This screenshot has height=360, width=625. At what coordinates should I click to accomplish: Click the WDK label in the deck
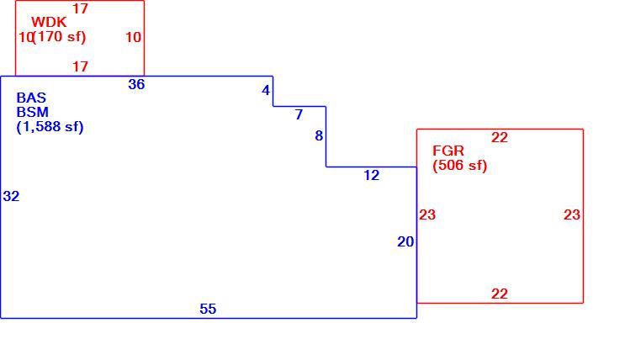click(49, 22)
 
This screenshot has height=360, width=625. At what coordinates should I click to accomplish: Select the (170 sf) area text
click(60, 37)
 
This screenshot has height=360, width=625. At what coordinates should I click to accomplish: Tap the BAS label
click(31, 98)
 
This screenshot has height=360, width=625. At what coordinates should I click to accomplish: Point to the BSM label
click(32, 112)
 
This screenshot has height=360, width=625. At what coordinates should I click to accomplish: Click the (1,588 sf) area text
click(50, 127)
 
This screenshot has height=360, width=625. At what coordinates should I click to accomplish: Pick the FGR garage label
click(448, 151)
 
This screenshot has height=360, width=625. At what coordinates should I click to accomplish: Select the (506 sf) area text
click(460, 165)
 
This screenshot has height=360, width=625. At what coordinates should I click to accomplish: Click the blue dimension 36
click(136, 84)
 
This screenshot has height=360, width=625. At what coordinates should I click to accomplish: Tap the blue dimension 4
click(266, 91)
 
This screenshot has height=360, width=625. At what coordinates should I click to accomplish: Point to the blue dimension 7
click(299, 115)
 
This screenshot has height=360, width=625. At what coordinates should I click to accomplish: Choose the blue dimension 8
click(319, 136)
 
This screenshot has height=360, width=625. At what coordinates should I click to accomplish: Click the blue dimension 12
click(372, 176)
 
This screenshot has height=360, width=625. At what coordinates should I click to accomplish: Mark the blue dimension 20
click(405, 241)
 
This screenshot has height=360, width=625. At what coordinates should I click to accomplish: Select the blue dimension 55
click(208, 309)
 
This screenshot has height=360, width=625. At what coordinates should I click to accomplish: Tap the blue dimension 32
click(11, 196)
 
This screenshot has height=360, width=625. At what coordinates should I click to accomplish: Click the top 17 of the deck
click(80, 8)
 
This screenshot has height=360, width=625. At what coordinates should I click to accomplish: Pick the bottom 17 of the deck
click(80, 66)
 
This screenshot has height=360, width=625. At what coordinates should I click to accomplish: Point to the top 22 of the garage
click(500, 138)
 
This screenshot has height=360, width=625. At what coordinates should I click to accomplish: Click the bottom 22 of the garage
click(500, 294)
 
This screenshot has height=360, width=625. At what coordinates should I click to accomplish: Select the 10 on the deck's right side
click(134, 38)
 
